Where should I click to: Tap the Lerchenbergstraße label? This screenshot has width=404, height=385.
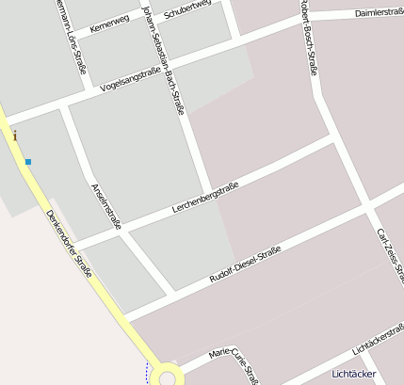(x=206, y=196)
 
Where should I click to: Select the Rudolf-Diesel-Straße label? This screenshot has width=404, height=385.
(x=247, y=265)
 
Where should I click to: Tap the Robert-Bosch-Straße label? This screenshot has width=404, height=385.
(x=307, y=36)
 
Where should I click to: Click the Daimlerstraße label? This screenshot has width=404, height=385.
(x=379, y=12)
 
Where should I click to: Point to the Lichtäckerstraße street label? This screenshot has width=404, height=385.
(x=378, y=339)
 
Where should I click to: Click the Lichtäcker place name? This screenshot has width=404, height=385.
(x=354, y=374)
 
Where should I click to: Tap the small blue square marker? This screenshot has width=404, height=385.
(x=28, y=162)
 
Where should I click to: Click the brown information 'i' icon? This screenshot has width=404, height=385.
(x=15, y=136)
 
